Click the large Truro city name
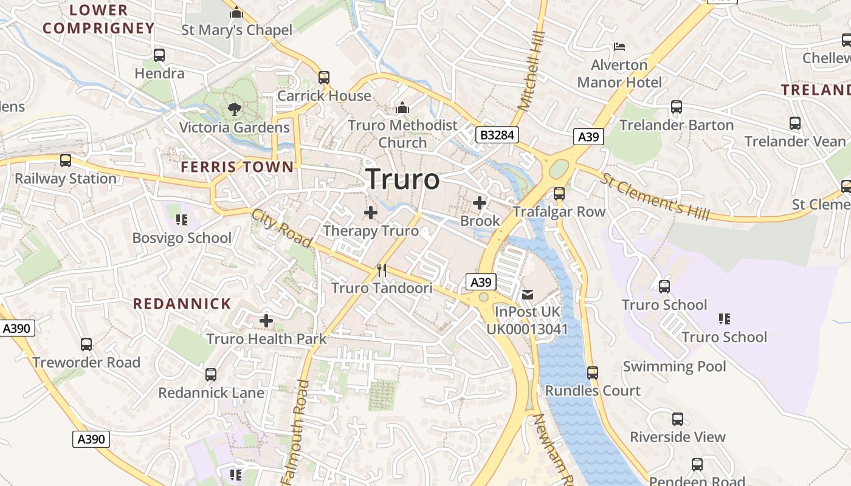(x=403, y=179)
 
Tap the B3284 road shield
(x=497, y=135)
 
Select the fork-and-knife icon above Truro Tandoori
(x=382, y=270)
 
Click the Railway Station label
(x=66, y=179)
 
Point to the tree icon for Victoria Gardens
(x=234, y=109)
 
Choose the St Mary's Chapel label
(x=236, y=30)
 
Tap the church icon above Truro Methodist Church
(x=402, y=108)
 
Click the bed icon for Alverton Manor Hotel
(x=619, y=46)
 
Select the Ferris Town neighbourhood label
(x=237, y=166)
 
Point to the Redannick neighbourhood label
(x=182, y=304)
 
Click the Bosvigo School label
(x=182, y=238)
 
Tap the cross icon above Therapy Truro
(x=370, y=213)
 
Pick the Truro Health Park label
(x=267, y=338)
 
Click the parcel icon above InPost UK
(x=527, y=295)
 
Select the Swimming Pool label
(x=674, y=366)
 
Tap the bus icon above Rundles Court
(x=593, y=372)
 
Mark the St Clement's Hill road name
(x=655, y=196)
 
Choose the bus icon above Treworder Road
(x=86, y=344)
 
